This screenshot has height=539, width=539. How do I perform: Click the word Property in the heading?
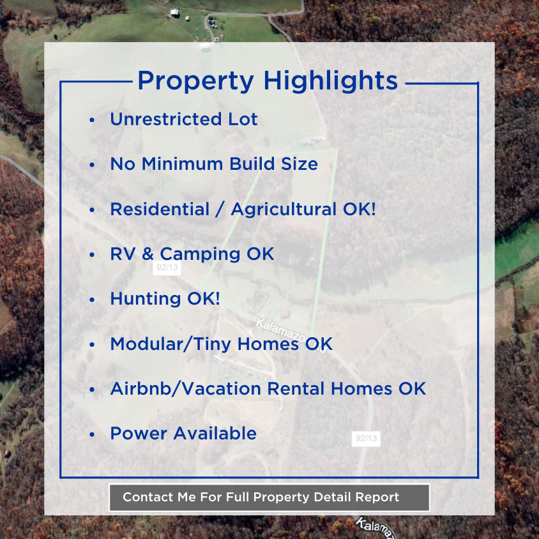195,81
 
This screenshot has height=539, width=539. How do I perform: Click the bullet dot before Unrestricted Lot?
93,121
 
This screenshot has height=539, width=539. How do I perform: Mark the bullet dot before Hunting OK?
93,300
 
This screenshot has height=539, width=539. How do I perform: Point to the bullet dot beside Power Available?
93,434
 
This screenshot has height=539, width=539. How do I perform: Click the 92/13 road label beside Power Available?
366,439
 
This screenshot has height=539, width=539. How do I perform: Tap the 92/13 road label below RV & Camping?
167,268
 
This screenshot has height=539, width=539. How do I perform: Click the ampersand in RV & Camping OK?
148,254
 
